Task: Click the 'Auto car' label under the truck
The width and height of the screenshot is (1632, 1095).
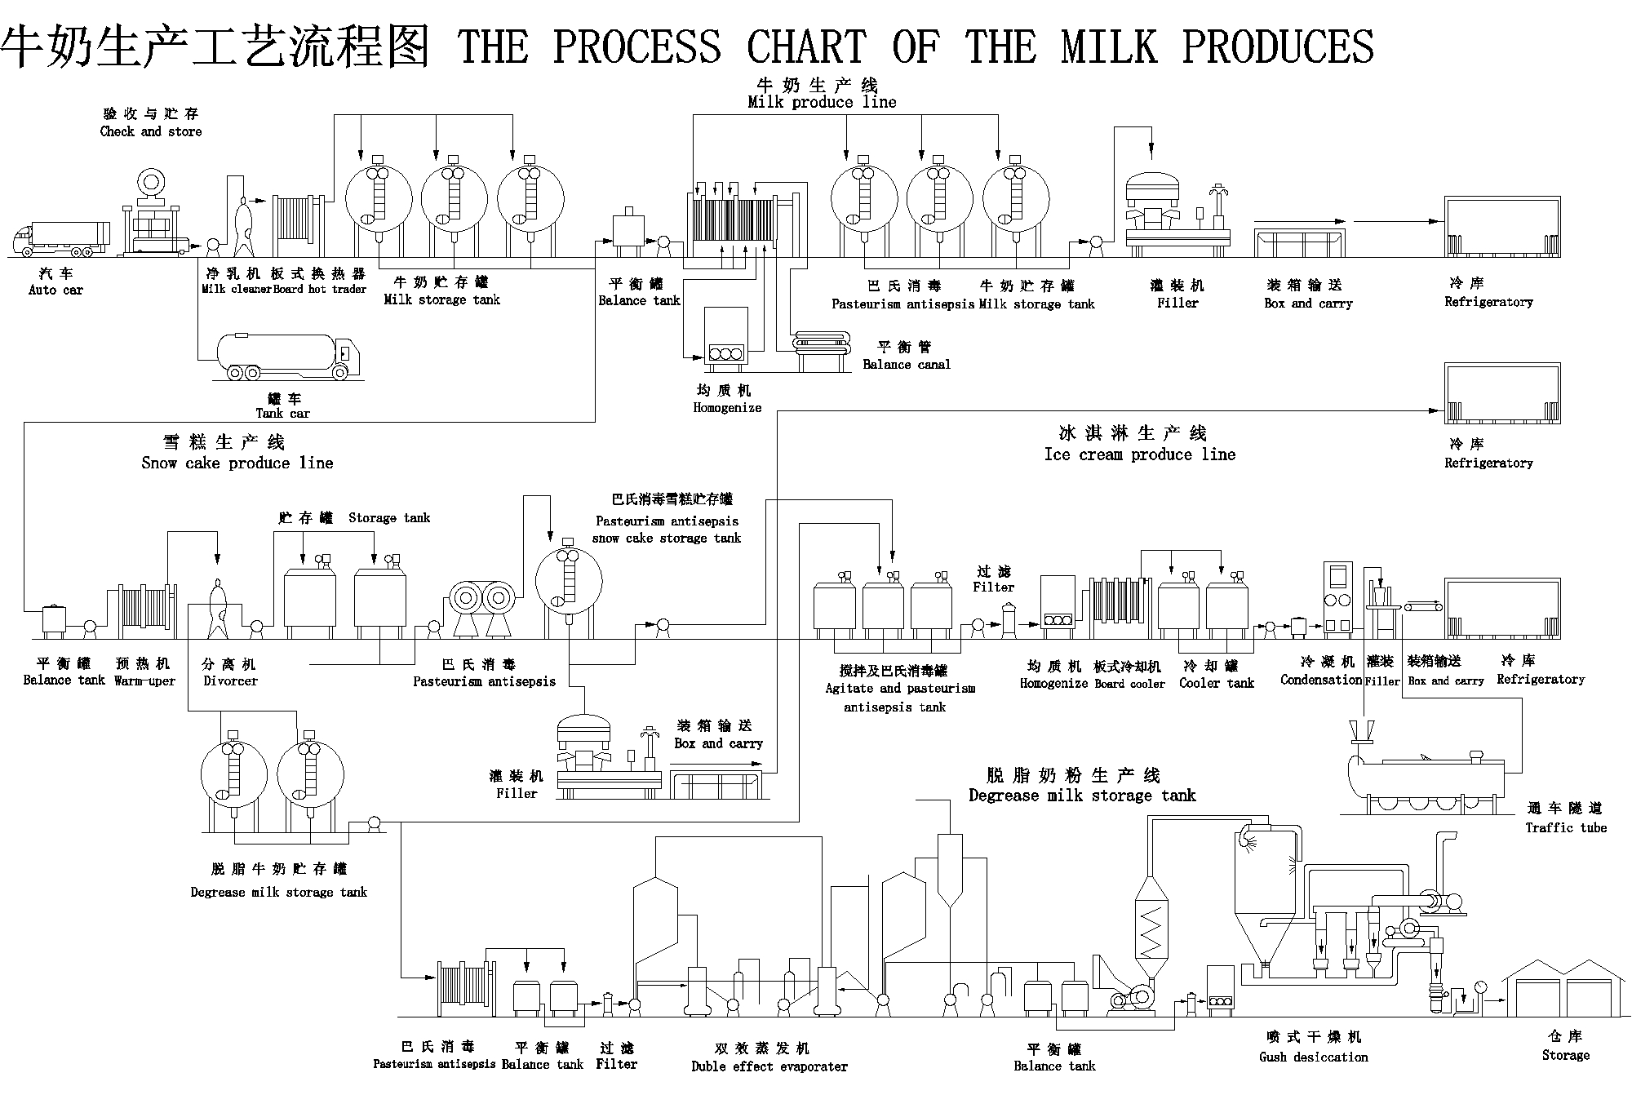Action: pyautogui.click(x=55, y=290)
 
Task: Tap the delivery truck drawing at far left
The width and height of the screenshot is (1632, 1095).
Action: pyautogui.click(x=61, y=237)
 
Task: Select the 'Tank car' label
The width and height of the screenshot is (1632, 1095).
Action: pyautogui.click(x=282, y=413)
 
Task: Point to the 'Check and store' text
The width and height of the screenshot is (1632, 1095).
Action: pyautogui.click(x=151, y=131)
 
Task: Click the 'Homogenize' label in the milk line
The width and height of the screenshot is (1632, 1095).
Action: pyautogui.click(x=727, y=407)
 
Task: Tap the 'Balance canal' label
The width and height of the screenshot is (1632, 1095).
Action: pyautogui.click(x=907, y=365)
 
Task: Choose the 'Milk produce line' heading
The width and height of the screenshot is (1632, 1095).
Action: pyautogui.click(x=822, y=103)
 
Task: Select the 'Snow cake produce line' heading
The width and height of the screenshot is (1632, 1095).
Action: pyautogui.click(x=237, y=463)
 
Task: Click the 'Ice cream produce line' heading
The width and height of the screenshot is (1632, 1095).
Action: pyautogui.click(x=1139, y=454)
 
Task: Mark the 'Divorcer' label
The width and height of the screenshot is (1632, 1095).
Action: pyautogui.click(x=230, y=680)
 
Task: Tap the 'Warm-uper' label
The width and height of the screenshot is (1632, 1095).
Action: pyautogui.click(x=144, y=680)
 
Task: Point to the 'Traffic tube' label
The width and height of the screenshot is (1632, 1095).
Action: pyautogui.click(x=1566, y=827)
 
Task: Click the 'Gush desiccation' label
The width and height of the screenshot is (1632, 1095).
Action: pyautogui.click(x=1313, y=1057)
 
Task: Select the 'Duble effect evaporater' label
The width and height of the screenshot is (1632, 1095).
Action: pyautogui.click(x=769, y=1066)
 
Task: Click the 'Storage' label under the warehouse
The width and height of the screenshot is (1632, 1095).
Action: pyautogui.click(x=1565, y=1055)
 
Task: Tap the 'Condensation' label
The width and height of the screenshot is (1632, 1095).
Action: pyautogui.click(x=1320, y=680)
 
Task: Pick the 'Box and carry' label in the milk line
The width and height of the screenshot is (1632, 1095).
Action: pyautogui.click(x=1309, y=304)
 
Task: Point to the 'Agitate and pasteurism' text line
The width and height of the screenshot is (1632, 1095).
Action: pyautogui.click(x=900, y=688)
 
